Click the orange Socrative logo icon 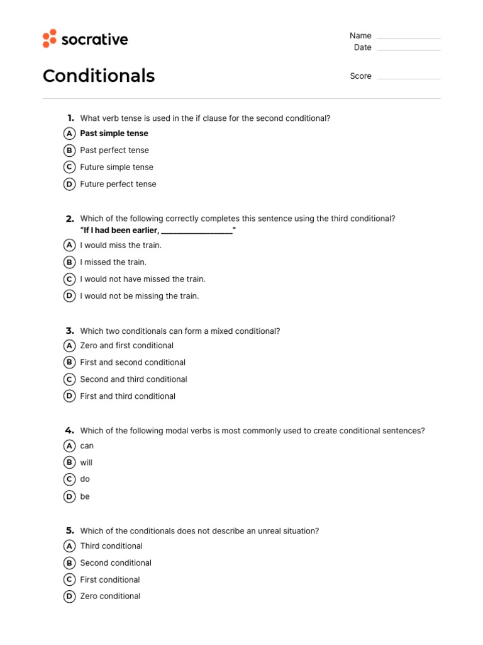50,38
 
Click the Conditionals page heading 99,76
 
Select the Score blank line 409,77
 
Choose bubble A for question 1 70,134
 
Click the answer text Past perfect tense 114,151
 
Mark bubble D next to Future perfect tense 70,184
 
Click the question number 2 70,219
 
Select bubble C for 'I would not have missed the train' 70,279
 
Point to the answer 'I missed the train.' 113,262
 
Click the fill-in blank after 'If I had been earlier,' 197,231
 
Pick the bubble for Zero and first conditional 70,345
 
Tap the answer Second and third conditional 133,379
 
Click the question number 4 69,430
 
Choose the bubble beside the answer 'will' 70,462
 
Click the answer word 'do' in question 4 85,479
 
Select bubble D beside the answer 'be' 70,496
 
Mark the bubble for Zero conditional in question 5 70,596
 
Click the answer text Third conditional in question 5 111,546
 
